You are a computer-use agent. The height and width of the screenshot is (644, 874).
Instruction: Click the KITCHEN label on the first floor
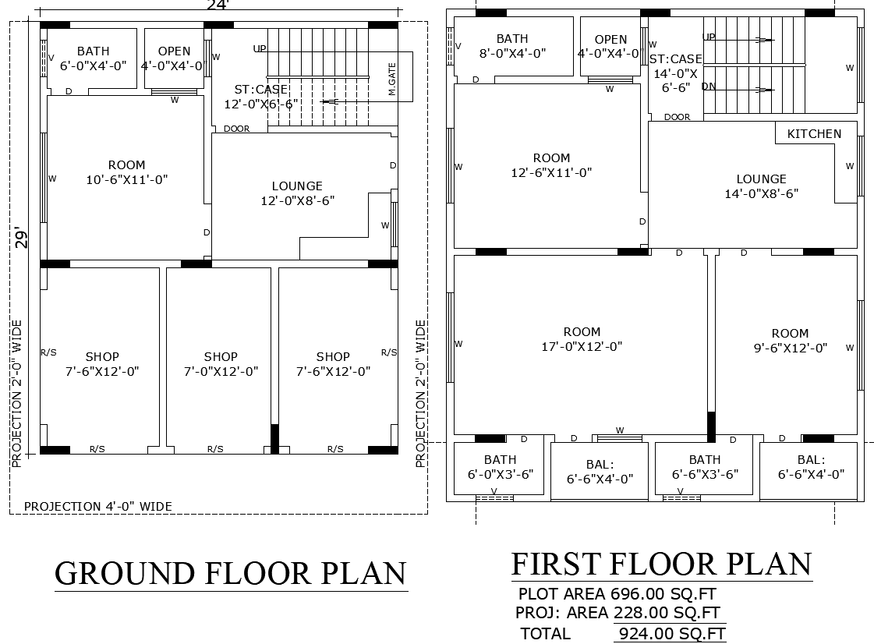[x=814, y=133]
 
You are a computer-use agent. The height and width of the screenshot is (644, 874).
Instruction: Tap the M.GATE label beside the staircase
[x=392, y=80]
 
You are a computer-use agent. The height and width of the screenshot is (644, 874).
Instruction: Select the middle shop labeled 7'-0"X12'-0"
[x=221, y=364]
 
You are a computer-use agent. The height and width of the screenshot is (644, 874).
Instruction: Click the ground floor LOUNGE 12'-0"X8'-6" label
[x=297, y=193]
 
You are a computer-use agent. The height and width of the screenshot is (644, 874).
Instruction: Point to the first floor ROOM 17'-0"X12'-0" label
[x=582, y=339]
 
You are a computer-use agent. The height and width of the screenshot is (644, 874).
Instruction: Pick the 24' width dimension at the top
[x=218, y=5]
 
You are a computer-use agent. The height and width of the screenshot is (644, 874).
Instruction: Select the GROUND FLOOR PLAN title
[x=231, y=573]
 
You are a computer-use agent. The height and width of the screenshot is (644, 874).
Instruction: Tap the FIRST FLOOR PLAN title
[x=661, y=564]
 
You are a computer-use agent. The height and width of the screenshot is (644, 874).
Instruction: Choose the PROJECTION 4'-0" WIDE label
[x=98, y=506]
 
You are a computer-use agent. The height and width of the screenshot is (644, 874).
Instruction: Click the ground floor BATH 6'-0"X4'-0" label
[x=93, y=58]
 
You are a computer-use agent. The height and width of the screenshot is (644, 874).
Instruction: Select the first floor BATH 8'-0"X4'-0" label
[x=511, y=46]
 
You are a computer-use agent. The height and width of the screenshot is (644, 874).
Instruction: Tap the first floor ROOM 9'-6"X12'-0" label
[x=790, y=341]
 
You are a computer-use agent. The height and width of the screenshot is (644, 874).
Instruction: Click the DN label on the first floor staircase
[x=708, y=87]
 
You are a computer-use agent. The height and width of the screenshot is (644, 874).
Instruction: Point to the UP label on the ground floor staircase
[x=260, y=49]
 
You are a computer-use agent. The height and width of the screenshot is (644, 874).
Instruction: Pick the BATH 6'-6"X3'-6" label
[x=704, y=467]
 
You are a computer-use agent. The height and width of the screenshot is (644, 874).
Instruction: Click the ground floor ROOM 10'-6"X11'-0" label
[x=126, y=172]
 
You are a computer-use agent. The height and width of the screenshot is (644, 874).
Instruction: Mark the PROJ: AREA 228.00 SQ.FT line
[x=617, y=613]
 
